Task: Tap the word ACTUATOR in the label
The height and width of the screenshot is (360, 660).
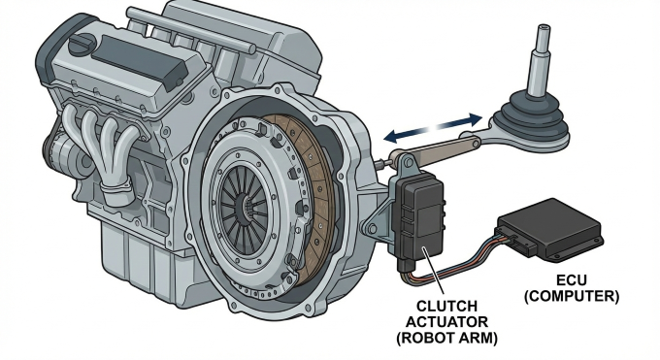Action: [446, 322]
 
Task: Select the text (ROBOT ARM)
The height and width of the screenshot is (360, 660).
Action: [446, 339]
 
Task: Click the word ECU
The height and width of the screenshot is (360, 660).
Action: [571, 280]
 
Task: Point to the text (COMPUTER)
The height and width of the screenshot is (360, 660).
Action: [571, 296]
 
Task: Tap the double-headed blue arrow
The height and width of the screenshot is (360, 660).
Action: [434, 127]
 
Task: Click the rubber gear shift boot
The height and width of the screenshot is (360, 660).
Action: [532, 121]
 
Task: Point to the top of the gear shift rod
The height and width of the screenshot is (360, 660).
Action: [543, 29]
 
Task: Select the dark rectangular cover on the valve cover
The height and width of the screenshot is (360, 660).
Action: [139, 61]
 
